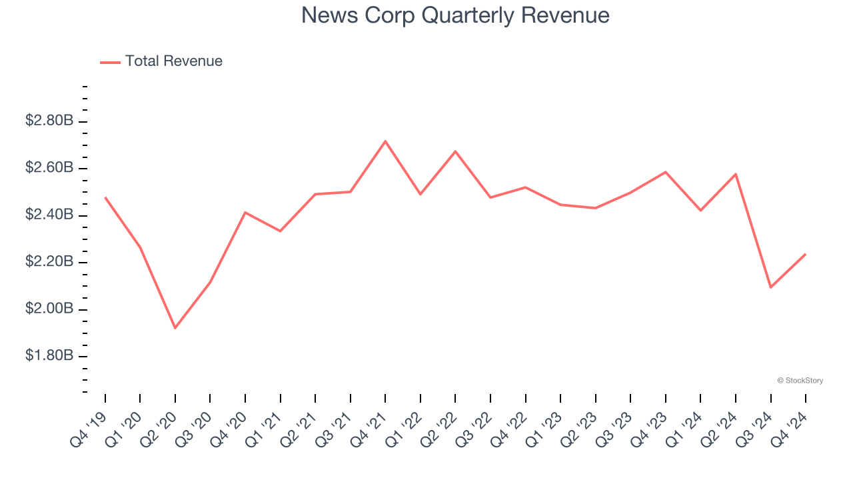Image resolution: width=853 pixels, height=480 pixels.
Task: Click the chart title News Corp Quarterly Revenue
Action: coord(455,15)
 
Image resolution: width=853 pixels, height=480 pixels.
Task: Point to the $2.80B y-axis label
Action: coord(49,121)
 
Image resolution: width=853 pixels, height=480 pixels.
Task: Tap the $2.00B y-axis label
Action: coord(49,309)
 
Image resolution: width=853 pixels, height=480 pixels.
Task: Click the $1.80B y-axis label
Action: coord(49,356)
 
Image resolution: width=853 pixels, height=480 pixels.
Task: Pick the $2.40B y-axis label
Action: coord(49,215)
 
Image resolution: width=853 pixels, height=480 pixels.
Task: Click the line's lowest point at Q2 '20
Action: coord(175,328)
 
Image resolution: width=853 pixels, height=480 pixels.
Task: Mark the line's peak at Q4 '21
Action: coord(386,141)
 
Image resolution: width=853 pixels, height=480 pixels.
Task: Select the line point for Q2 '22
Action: coord(456,151)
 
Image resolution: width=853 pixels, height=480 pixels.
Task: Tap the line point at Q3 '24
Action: coord(771,287)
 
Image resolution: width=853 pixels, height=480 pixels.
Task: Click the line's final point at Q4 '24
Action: coord(806,254)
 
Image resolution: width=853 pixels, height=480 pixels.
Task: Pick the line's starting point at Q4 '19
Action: coord(105,197)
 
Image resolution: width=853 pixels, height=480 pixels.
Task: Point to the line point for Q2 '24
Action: coord(736,174)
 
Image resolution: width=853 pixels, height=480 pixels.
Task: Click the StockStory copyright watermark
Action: coord(800,381)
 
